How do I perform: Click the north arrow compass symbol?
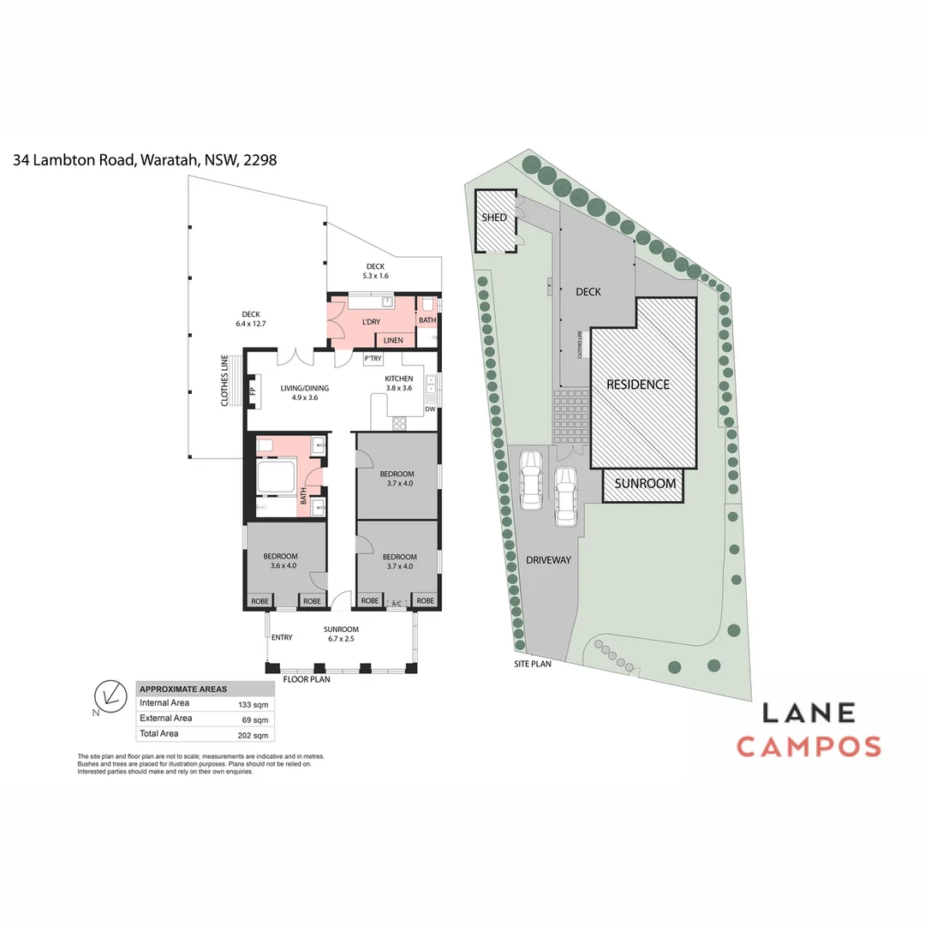point(110,695)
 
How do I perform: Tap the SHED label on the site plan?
point(494,218)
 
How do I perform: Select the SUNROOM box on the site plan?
point(645,484)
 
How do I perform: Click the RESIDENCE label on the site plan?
point(638,385)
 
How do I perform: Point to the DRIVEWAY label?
point(548,560)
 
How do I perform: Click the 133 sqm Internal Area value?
point(254,704)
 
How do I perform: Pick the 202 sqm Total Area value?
point(254,735)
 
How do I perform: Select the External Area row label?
point(165,719)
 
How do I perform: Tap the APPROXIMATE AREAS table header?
point(182,689)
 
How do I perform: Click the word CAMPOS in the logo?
point(809,746)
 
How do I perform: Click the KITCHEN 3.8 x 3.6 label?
point(399,383)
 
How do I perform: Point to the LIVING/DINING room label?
point(305,392)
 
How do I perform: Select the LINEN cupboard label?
point(393,341)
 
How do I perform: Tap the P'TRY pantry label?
point(373,358)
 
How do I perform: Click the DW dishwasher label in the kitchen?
point(431,409)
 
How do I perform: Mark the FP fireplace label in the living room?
point(252,391)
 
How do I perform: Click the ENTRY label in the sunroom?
point(282,637)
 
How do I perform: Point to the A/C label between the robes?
point(397,605)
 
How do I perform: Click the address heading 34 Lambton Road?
point(145,159)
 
